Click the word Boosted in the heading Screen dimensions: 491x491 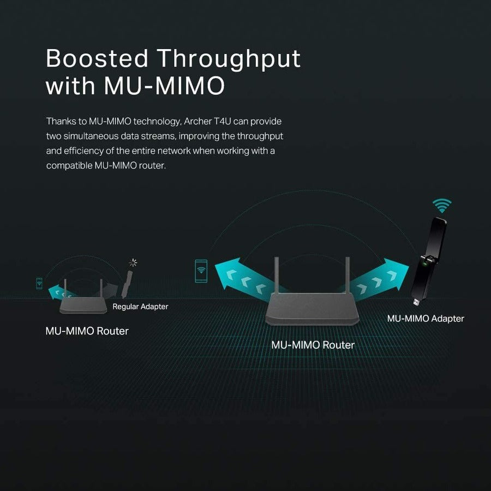pos(97,58)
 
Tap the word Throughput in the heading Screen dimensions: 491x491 pos(229,60)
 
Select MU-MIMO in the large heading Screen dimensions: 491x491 pos(164,86)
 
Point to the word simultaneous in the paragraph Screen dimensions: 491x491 pos(91,136)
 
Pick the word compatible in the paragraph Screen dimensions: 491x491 pos(69,165)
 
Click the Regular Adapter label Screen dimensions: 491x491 pos(140,307)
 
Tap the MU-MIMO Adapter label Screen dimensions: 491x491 pos(426,319)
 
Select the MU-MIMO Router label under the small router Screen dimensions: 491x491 pos(87,331)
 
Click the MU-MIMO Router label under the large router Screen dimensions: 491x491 pos(313,345)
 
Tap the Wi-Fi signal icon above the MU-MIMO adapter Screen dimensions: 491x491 pos(442,206)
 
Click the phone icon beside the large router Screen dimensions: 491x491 pos(201,271)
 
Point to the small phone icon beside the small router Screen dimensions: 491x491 pos(39,283)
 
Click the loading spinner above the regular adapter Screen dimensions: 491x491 pos(133,262)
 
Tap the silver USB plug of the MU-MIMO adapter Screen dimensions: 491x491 pos(416,302)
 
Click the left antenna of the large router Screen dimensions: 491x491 pos(277,276)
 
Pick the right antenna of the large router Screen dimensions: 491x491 pos(348,276)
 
